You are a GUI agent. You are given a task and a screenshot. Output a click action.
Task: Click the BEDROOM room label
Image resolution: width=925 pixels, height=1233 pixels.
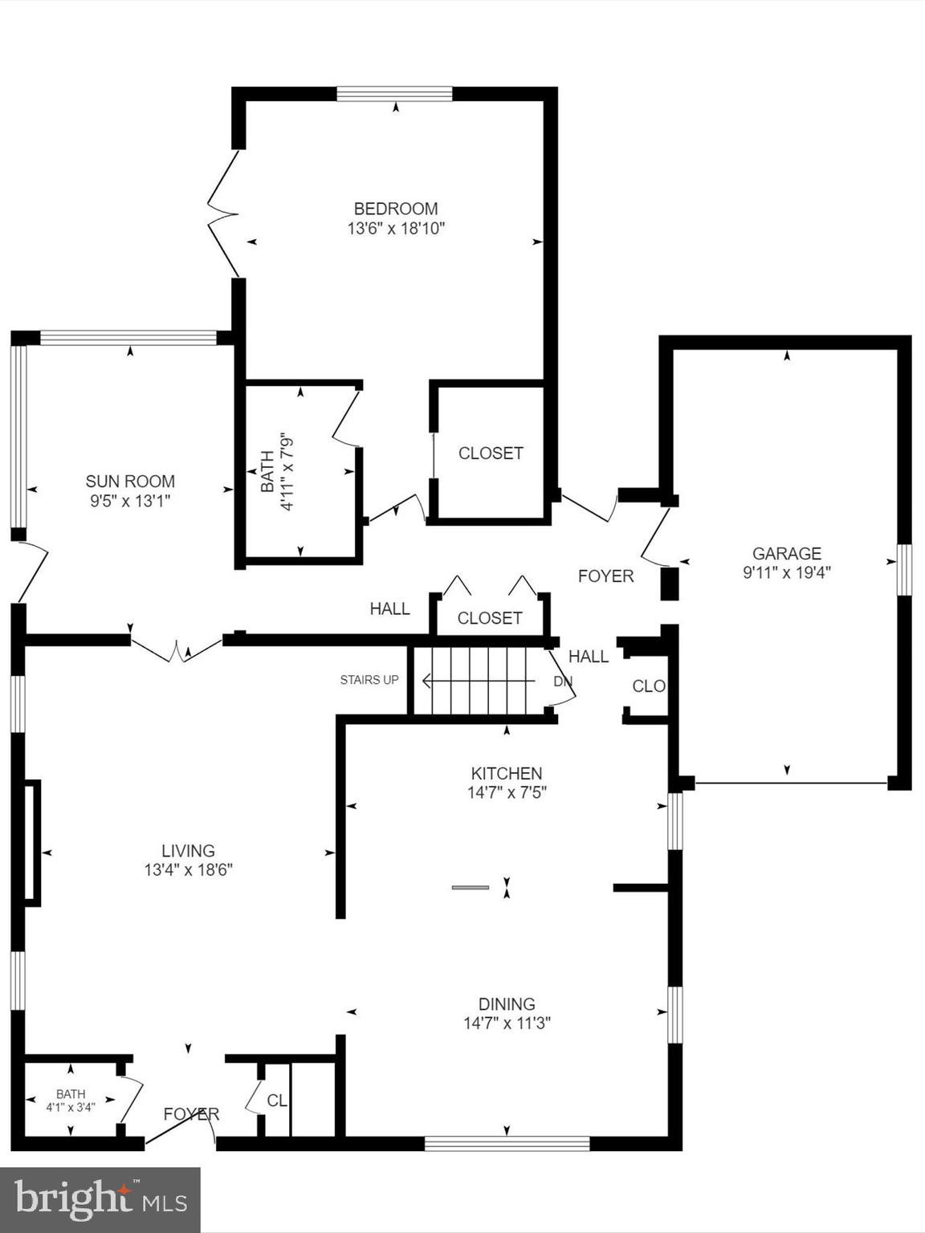[396, 209]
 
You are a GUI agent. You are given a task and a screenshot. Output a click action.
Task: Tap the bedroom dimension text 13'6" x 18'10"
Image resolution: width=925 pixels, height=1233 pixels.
[396, 229]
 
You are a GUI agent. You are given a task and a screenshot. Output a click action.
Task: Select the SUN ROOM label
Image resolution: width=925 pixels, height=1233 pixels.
[130, 482]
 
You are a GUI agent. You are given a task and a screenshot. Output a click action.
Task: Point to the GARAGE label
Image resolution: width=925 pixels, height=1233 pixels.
[786, 553]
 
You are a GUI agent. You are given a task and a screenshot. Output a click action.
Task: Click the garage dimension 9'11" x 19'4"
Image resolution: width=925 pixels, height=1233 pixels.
[786, 573]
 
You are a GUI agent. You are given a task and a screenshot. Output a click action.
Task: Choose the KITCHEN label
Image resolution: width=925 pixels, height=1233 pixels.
[506, 774]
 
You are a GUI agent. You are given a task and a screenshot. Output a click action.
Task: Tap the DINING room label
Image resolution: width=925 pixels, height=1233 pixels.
[506, 1004]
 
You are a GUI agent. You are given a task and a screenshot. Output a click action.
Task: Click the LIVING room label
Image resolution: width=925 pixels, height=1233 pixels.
[188, 851]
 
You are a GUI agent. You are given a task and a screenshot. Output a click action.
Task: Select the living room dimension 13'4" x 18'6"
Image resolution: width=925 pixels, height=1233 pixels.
[188, 870]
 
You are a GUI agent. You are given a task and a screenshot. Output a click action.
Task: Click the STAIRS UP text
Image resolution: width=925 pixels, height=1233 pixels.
[369, 680]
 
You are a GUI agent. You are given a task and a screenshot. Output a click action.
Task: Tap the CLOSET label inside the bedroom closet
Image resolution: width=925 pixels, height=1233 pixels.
[491, 454]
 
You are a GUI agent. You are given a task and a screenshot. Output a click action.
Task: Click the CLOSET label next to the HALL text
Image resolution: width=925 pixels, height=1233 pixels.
[489, 618]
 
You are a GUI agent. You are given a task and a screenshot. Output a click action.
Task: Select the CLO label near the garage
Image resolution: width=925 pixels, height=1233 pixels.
[649, 686]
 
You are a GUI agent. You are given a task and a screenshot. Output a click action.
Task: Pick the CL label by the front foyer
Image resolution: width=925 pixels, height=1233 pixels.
[276, 1101]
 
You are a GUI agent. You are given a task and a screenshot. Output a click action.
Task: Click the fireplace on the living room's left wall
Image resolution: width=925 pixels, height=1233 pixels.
[31, 842]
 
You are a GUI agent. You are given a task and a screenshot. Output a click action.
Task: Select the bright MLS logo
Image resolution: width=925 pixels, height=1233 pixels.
[100, 1200]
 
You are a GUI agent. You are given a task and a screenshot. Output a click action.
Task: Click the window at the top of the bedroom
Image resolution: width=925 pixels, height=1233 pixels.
[394, 94]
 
